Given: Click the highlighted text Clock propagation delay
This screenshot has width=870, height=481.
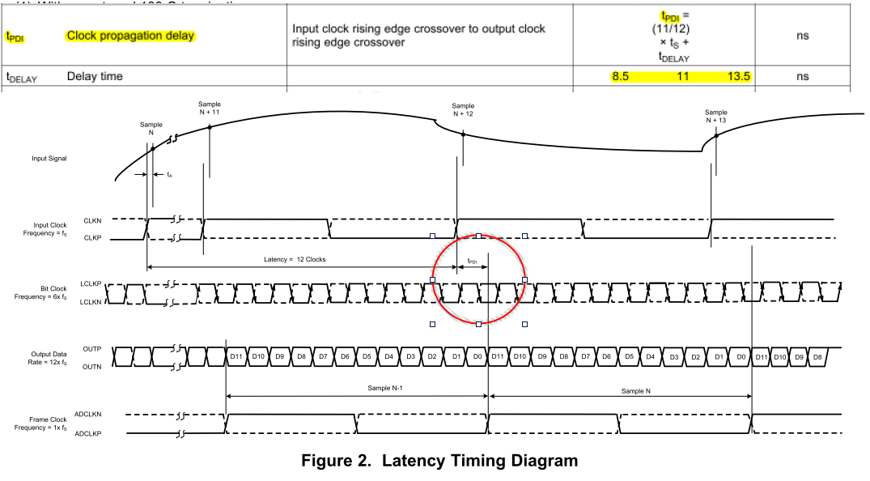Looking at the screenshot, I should [x=131, y=36].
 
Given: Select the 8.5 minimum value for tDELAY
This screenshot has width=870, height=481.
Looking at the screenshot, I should [x=620, y=77].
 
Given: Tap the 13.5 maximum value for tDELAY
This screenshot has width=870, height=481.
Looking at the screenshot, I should [x=739, y=77].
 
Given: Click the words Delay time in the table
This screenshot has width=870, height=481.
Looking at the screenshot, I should [x=95, y=77].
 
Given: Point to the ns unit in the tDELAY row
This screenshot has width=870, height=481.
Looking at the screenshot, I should [x=802, y=77].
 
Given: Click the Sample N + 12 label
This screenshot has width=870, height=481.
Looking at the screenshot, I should [x=463, y=109].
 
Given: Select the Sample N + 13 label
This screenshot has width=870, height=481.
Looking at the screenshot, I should [x=715, y=117].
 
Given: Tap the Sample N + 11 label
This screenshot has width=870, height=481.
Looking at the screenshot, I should [x=210, y=108].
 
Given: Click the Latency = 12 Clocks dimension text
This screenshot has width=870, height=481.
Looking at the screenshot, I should [x=295, y=259].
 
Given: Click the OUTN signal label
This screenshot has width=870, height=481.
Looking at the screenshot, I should [x=91, y=367].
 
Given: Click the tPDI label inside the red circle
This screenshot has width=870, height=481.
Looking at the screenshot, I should [x=473, y=262].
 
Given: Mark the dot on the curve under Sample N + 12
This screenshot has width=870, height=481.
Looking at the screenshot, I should [x=463, y=135].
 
